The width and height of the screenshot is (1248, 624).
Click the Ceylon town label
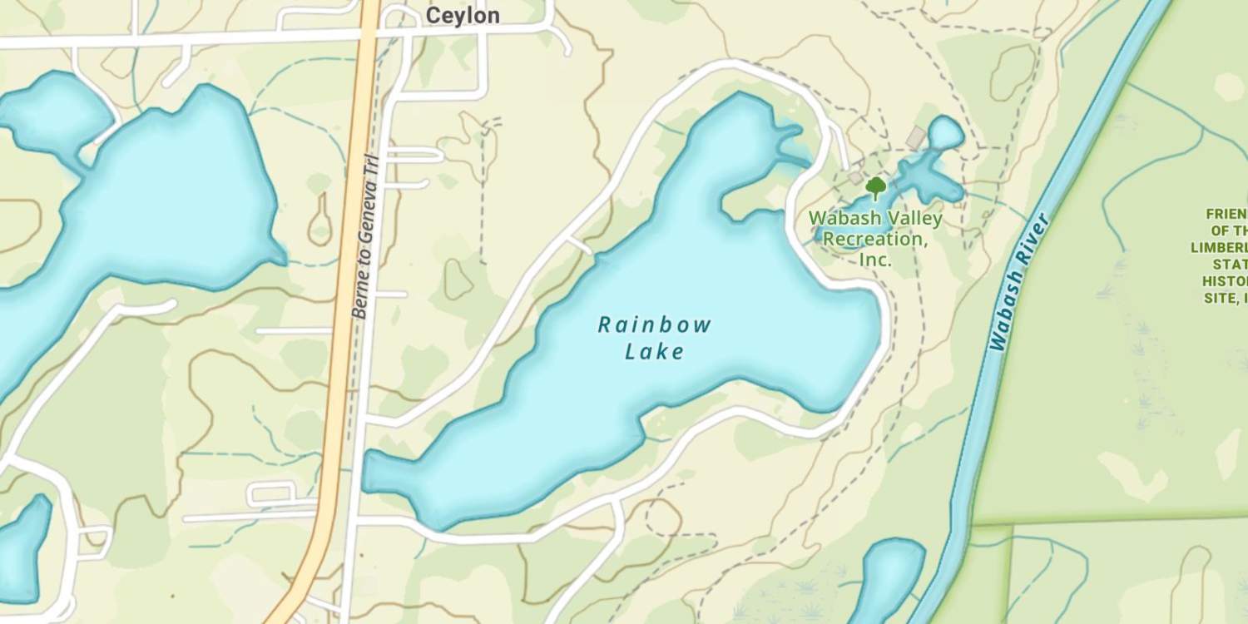click(463, 16)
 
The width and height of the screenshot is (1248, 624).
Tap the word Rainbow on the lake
click(655, 324)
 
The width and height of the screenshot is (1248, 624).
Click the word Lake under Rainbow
click(655, 352)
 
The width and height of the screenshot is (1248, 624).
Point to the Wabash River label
click(1020, 282)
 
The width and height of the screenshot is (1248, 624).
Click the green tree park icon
click(875, 186)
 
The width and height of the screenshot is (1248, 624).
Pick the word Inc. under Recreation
click(875, 260)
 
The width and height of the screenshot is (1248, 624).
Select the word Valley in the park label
click(915, 219)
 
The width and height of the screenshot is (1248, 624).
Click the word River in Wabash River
click(1034, 240)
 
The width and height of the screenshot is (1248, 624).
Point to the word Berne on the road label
click(360, 298)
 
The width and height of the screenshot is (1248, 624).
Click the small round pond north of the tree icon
click(945, 132)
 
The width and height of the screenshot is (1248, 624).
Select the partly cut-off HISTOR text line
click(1225, 282)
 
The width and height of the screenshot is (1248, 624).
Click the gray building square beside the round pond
click(916, 136)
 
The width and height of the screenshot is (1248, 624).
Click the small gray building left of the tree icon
click(855, 177)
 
